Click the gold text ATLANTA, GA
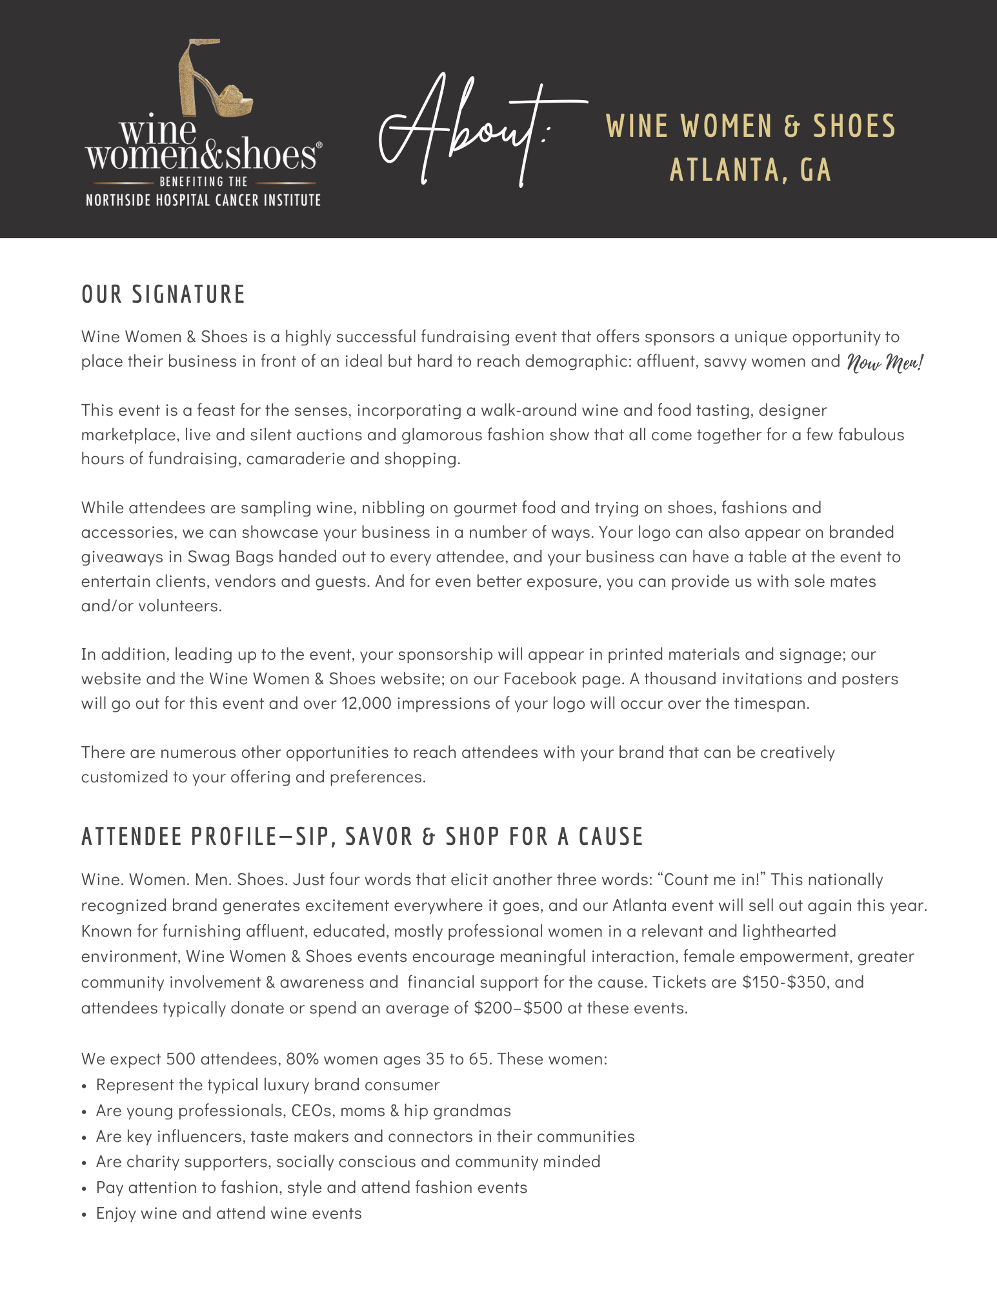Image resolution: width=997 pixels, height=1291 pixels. click(x=750, y=170)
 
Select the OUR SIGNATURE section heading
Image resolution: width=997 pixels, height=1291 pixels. click(x=163, y=294)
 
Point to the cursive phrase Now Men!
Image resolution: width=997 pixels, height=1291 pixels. click(x=884, y=363)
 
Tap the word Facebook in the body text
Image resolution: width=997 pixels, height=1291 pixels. click(x=539, y=678)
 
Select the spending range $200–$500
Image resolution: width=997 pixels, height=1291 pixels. click(x=518, y=1008)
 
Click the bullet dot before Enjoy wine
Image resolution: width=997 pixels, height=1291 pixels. click(x=85, y=1214)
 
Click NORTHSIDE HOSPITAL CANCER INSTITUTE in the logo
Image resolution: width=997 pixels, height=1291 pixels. click(x=203, y=200)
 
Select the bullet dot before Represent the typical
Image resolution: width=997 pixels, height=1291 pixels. click(x=85, y=1086)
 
